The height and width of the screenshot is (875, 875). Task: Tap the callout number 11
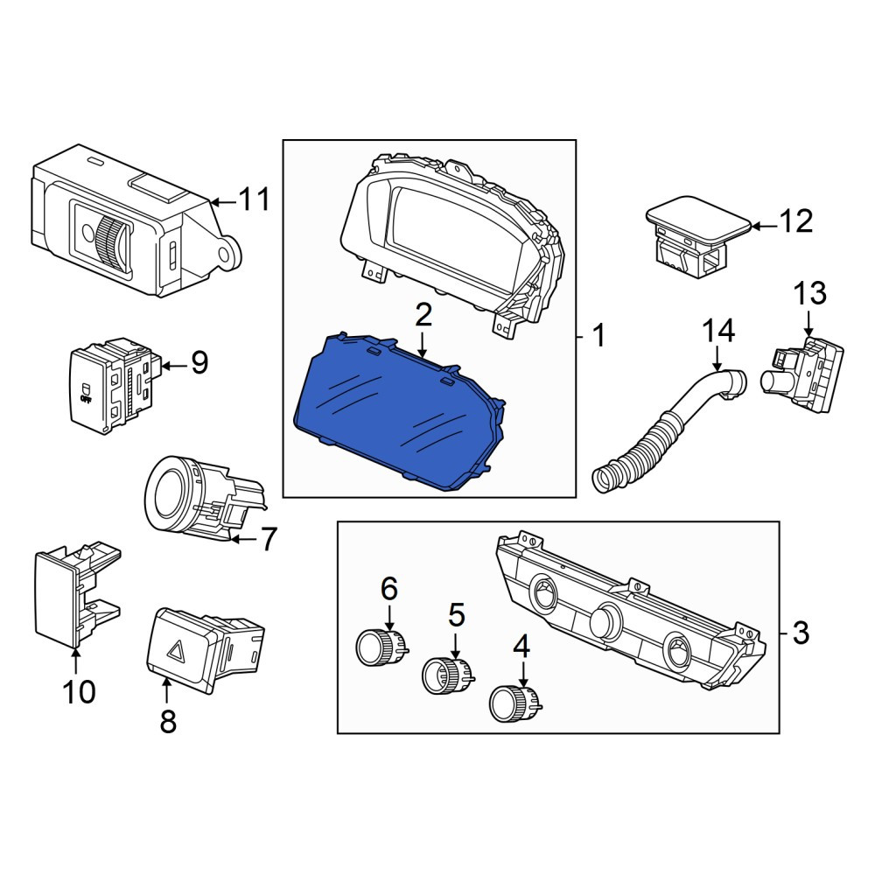[x=254, y=199]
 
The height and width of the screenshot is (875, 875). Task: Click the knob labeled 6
[x=382, y=647]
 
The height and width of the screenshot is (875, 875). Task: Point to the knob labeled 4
[x=514, y=704]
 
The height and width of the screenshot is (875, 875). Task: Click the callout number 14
[x=718, y=331]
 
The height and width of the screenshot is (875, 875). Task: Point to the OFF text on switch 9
[x=86, y=400]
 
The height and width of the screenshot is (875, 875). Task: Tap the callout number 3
[x=801, y=633]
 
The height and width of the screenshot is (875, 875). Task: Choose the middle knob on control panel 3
[x=606, y=619]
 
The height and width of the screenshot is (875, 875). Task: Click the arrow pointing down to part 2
[x=423, y=344]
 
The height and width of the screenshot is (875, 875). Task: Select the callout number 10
[x=80, y=692]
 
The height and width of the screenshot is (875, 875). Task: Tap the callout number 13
[x=809, y=293]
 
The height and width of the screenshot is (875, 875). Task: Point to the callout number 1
[x=598, y=336]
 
